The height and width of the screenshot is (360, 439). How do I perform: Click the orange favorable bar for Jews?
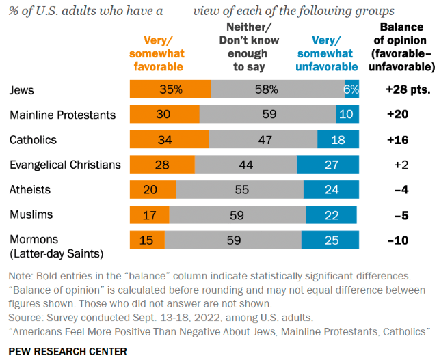tap(170, 89)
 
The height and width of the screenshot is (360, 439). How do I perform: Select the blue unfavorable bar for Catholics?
tap(338, 140)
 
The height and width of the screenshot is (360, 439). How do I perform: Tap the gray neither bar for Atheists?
tap(239, 190)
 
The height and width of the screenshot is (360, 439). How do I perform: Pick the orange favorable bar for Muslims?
tap(149, 215)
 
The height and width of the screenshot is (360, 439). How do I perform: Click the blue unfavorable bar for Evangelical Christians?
tap(328, 165)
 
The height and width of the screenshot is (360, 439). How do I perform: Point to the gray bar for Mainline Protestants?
tap(267, 115)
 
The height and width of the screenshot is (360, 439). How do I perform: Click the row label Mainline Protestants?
tap(62, 115)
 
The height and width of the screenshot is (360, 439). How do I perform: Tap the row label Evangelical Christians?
tap(65, 165)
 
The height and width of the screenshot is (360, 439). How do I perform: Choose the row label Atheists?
tap(30, 190)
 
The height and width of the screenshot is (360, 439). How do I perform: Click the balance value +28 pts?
tap(408, 89)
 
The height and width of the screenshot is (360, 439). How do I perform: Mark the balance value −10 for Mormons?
tap(399, 240)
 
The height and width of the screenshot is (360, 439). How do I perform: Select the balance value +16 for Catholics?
tap(399, 140)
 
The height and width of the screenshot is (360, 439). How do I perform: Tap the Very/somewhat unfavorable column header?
tap(326, 54)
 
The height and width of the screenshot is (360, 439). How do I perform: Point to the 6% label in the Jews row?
tap(351, 89)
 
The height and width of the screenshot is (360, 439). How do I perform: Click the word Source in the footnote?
tap(25, 318)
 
